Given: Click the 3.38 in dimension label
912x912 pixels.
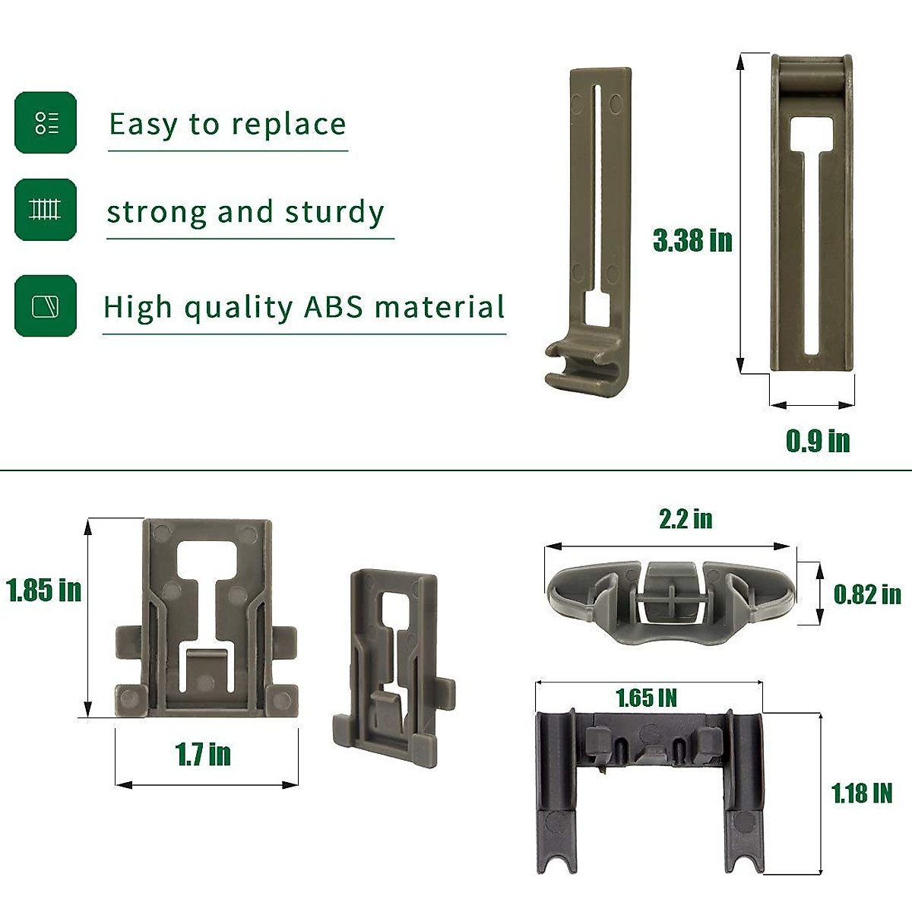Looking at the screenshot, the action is pyautogui.click(x=692, y=240).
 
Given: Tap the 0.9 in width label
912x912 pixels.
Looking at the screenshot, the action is pyautogui.click(x=818, y=441).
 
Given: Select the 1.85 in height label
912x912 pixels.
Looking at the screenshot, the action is pyautogui.click(x=43, y=591).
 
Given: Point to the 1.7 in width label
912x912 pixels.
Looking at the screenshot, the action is pyautogui.click(x=203, y=754).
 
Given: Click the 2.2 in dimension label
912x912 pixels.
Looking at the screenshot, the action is pyautogui.click(x=686, y=519).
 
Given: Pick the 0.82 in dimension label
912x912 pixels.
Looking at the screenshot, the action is pyautogui.click(x=867, y=594).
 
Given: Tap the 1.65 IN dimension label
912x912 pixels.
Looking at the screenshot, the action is pyautogui.click(x=647, y=698).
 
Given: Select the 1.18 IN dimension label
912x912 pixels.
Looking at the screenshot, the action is pyautogui.click(x=862, y=793).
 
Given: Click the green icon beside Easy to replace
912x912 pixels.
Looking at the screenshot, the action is pyautogui.click(x=46, y=122).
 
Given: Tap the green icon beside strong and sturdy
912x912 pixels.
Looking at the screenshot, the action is pyautogui.click(x=46, y=210).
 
